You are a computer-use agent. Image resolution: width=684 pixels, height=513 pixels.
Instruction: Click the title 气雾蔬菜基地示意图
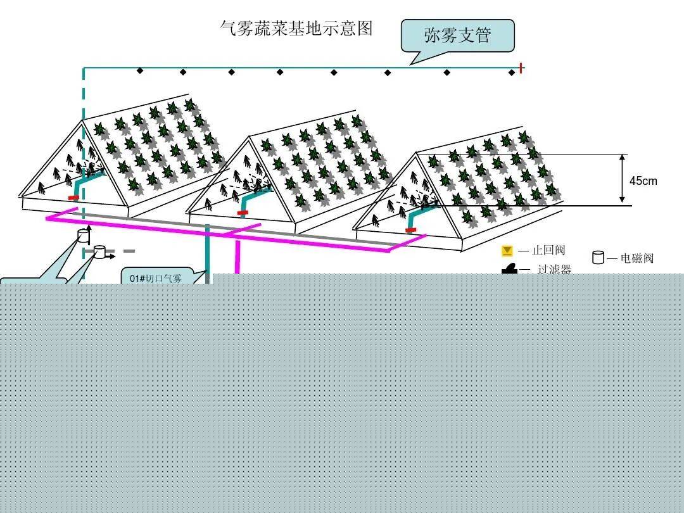[x=296, y=28]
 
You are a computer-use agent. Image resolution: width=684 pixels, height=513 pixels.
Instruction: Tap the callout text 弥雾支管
[x=458, y=35]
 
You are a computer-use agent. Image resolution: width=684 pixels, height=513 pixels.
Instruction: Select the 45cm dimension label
[x=643, y=180]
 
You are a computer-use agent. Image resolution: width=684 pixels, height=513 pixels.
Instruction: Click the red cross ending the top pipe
[x=521, y=68]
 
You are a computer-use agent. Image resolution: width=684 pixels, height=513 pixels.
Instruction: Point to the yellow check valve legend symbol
[x=507, y=251]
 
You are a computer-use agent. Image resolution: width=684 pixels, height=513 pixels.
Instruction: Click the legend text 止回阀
[x=548, y=250]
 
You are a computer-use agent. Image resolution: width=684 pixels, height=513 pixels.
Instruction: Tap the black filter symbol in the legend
[x=509, y=269]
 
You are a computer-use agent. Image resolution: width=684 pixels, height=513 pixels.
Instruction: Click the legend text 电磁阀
[x=637, y=258]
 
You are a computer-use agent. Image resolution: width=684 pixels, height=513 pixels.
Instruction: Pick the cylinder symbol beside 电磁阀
[x=598, y=257]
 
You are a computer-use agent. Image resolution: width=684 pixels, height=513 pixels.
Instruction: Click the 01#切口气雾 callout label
[x=156, y=278]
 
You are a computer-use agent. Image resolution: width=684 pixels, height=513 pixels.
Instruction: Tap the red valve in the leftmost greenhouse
[x=73, y=198]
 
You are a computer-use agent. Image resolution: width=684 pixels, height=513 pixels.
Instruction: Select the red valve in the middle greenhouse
[x=243, y=213]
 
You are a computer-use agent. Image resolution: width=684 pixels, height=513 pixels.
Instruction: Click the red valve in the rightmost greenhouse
[x=410, y=230]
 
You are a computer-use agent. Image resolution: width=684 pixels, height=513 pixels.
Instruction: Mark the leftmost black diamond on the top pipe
[x=139, y=70]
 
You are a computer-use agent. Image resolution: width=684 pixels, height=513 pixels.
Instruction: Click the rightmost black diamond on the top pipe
[x=512, y=72]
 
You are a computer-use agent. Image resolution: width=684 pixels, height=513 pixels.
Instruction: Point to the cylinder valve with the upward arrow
[x=83, y=236]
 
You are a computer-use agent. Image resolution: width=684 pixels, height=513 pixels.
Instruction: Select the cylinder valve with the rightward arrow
[x=100, y=251]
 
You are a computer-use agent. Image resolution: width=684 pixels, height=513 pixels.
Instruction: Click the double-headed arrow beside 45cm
[x=623, y=179]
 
